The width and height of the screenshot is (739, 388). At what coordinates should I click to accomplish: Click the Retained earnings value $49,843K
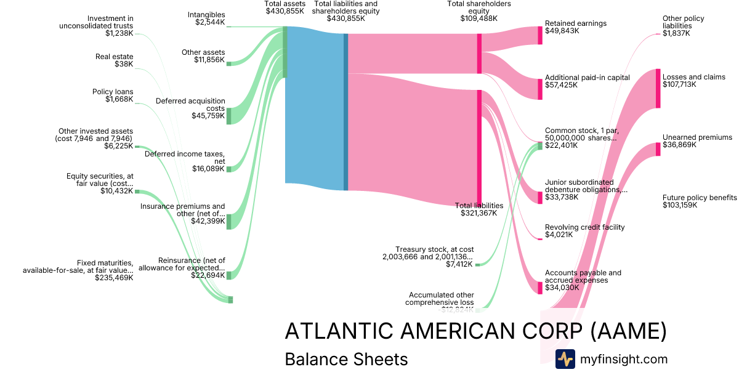(562, 31)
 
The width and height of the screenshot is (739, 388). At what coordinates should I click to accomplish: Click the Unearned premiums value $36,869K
(679, 145)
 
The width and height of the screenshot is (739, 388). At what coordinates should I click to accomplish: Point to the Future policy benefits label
(700, 198)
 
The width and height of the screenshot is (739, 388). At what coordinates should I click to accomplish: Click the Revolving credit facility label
(584, 227)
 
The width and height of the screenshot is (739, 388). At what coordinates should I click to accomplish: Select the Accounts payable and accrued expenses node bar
(540, 288)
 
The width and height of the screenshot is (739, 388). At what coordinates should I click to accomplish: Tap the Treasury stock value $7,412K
(459, 264)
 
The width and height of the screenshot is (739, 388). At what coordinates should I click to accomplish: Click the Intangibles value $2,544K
(209, 23)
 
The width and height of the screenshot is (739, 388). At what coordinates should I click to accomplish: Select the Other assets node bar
(228, 63)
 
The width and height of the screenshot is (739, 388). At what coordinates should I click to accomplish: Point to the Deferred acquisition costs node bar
(228, 116)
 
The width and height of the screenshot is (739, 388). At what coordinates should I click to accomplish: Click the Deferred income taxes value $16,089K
(208, 169)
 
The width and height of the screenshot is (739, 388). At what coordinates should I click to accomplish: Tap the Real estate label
(114, 57)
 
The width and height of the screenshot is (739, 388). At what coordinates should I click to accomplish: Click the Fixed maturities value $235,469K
(114, 278)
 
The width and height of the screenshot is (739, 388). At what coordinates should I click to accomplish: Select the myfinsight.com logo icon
(565, 359)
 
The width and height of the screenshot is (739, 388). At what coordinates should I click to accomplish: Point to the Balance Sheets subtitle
(346, 359)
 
